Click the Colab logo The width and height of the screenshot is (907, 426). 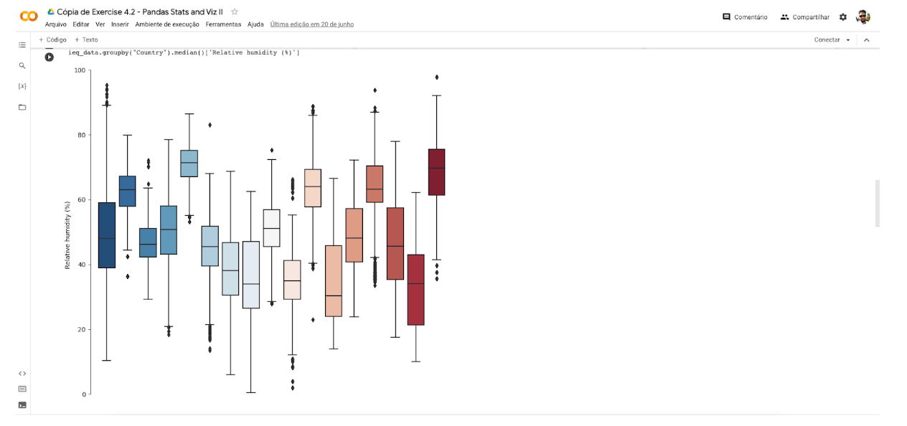point(29,16)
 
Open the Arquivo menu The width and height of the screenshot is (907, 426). point(56,24)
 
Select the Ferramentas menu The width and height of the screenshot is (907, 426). point(223,24)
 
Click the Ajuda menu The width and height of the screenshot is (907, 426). point(255,24)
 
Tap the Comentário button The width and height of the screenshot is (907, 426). point(745,17)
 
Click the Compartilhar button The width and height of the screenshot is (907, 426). point(805,17)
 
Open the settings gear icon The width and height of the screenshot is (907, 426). point(843,17)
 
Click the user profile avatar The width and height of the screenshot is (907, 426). point(863,17)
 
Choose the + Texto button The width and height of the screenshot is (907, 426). point(86,40)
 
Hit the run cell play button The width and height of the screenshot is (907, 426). point(49,57)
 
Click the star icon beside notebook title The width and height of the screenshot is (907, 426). point(235,12)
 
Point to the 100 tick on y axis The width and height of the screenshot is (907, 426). point(79,70)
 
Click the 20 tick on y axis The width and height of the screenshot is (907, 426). point(81,330)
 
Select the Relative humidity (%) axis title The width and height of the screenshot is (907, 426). point(68,236)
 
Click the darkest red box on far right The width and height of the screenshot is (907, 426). point(436,172)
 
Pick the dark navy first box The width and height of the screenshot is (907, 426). point(107,235)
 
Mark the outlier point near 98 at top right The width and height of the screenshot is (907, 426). point(436,77)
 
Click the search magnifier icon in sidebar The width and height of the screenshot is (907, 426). point(22,65)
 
